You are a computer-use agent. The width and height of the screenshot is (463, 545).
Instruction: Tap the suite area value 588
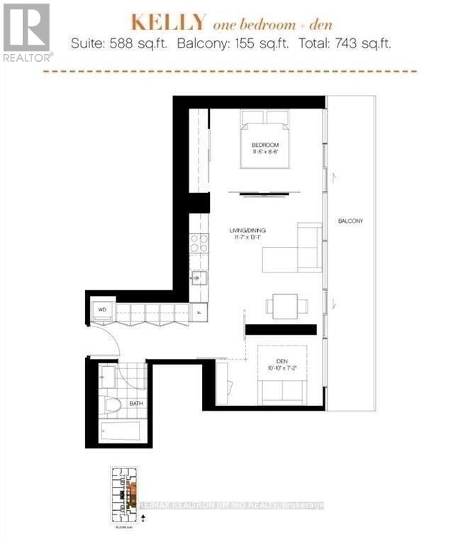(120, 43)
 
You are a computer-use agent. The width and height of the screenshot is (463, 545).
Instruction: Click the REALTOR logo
(26, 31)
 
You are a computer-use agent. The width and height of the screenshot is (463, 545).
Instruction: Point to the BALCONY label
(350, 221)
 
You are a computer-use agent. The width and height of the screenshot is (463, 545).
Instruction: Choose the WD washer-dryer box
(101, 309)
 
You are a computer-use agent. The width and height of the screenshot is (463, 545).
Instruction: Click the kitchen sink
(200, 277)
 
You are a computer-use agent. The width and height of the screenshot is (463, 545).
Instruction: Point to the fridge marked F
(199, 309)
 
